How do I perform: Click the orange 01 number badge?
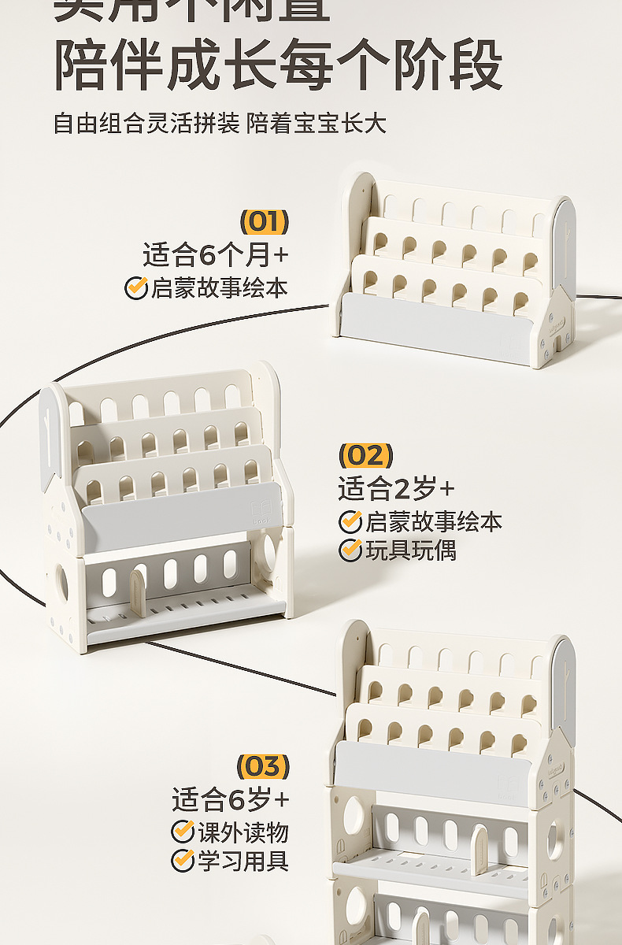(x=264, y=222)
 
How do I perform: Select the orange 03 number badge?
(x=264, y=766)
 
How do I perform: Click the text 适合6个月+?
(x=216, y=255)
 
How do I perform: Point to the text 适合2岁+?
(x=396, y=489)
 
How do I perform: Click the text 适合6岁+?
(x=231, y=800)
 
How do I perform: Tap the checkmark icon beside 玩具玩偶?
(x=350, y=550)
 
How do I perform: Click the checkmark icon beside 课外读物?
(x=183, y=831)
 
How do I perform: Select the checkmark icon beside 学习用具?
(x=183, y=861)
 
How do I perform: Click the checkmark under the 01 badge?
(x=136, y=288)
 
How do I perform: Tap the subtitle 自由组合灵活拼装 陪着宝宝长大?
(x=220, y=124)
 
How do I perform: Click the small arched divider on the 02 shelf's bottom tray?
(x=137, y=593)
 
